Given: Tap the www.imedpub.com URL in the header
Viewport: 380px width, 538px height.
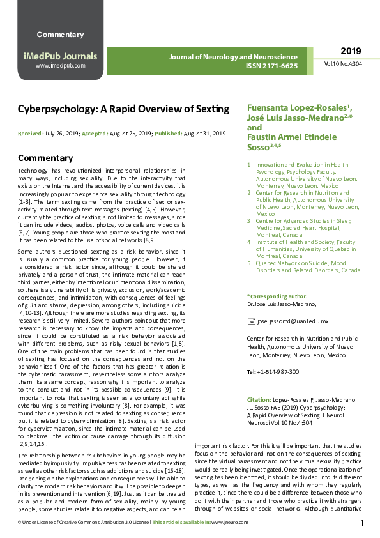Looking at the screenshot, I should tap(61, 66).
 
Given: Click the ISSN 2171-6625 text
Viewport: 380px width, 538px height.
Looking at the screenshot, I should tap(271, 66).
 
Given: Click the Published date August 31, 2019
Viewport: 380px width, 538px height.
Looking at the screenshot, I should tap(205, 134).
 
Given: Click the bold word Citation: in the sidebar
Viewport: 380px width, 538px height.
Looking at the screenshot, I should tap(259, 399).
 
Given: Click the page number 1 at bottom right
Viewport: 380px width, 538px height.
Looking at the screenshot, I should tap(362, 523).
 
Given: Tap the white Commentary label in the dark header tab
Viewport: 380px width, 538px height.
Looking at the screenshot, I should tap(60, 35).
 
